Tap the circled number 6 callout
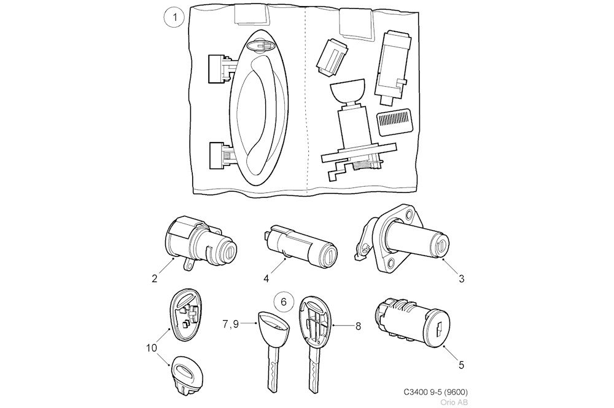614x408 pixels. point(283,302)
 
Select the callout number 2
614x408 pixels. point(154,278)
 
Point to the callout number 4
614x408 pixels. point(266,278)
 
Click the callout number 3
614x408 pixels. point(460,278)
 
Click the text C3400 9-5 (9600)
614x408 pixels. point(439,392)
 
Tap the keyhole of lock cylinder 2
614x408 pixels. point(228,252)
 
